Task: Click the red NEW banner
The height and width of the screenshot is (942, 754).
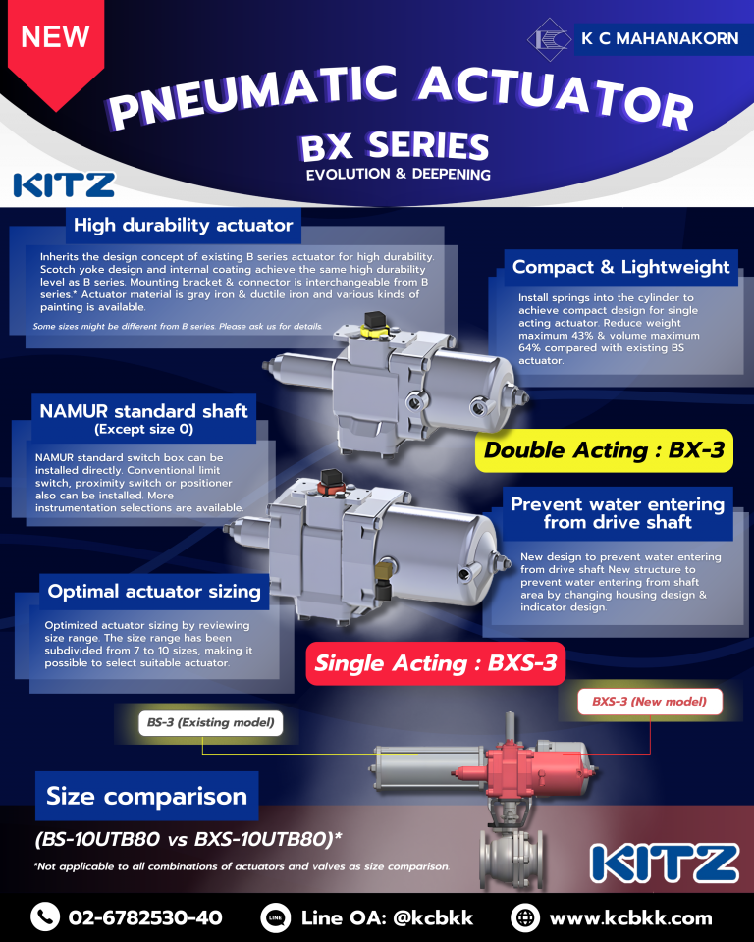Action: [55, 48]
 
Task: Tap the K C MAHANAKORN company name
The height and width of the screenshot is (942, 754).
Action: [660, 38]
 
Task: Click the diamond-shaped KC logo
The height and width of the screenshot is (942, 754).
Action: [549, 39]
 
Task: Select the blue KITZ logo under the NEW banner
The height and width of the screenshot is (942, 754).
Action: [64, 185]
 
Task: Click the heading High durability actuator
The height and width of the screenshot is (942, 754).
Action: [184, 226]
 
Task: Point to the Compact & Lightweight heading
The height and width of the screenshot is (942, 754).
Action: [620, 267]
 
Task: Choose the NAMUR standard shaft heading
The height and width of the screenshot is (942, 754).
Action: [143, 418]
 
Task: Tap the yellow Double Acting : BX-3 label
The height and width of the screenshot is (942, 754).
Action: [604, 450]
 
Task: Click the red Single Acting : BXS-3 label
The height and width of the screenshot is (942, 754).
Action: [435, 663]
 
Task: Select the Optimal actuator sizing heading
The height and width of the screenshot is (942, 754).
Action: [154, 591]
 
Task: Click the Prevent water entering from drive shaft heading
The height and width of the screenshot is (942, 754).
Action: [618, 513]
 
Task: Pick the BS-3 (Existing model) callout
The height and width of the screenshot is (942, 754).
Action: [210, 722]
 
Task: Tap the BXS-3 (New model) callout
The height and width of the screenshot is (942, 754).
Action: [649, 701]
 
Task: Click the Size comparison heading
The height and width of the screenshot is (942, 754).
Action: [146, 796]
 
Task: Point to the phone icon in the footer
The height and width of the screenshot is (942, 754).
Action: [45, 917]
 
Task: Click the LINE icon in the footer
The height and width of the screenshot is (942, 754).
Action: [275, 917]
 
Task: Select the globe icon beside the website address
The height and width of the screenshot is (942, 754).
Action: [525, 917]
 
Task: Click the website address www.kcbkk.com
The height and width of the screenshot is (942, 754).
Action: [630, 918]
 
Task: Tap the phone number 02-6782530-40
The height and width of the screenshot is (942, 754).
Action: [145, 918]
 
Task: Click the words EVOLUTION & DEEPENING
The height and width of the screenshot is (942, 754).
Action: [398, 175]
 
